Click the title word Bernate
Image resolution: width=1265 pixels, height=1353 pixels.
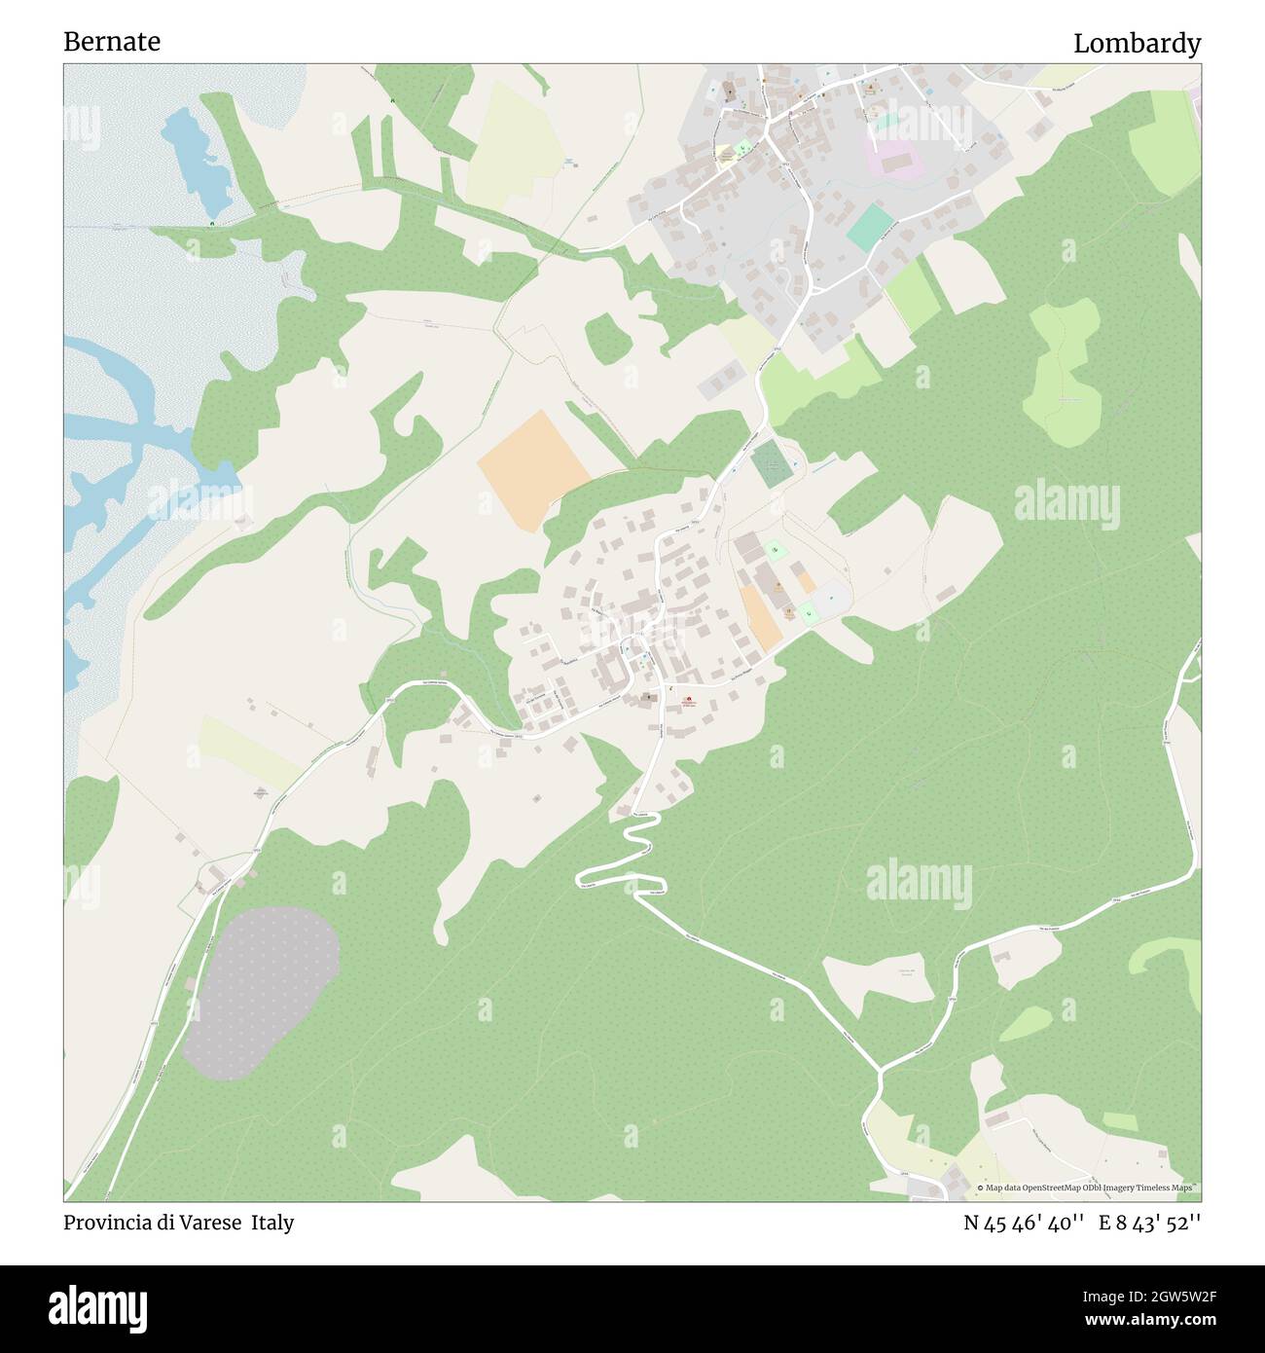pos(112,42)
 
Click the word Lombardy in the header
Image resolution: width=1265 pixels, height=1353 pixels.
pos(1137,44)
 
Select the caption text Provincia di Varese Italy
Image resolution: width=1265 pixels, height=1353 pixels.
pos(179,1223)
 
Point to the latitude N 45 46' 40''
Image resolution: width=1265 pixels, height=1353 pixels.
pos(1024,1223)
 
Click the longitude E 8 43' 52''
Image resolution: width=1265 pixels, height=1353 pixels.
pos(1149,1223)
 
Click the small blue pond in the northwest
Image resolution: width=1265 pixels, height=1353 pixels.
pos(199,161)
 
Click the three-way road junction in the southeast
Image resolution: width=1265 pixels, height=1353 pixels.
pos(881,1071)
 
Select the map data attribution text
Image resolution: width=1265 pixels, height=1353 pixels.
pos(1088,1188)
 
